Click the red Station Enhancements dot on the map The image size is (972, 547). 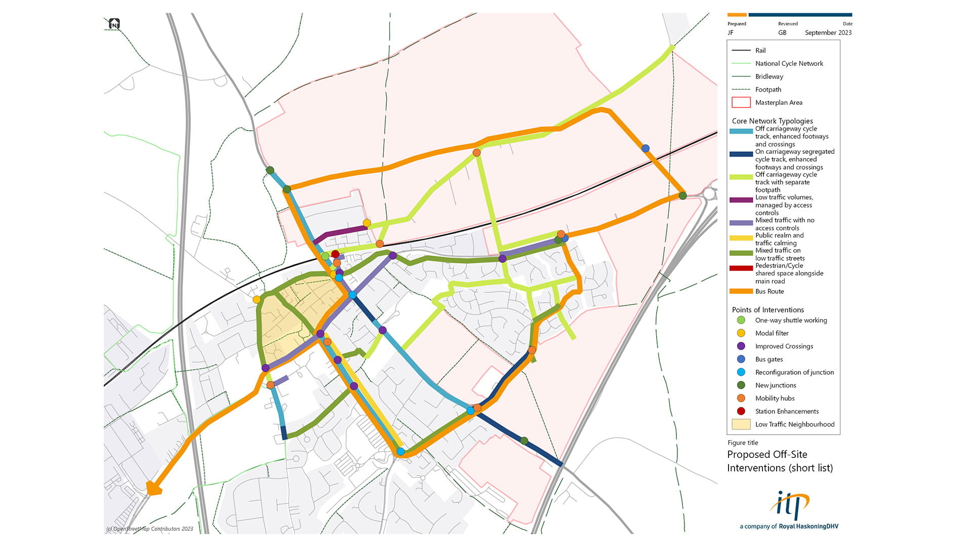335,254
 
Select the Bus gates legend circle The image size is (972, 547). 741,359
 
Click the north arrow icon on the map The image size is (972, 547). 114,24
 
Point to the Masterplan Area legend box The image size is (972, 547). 741,102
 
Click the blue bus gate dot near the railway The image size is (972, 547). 645,148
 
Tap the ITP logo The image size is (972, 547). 789,504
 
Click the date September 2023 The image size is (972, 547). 828,32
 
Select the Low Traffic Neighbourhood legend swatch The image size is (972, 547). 741,424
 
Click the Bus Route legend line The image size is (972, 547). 741,291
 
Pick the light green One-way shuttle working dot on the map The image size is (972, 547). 325,256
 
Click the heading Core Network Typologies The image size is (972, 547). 772,121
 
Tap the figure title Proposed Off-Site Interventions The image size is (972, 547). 780,461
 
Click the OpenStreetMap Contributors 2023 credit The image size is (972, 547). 150,529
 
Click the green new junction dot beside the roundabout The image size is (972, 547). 682,196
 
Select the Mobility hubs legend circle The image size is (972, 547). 741,398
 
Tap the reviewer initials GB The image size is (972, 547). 782,32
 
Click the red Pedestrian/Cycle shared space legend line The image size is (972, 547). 741,268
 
